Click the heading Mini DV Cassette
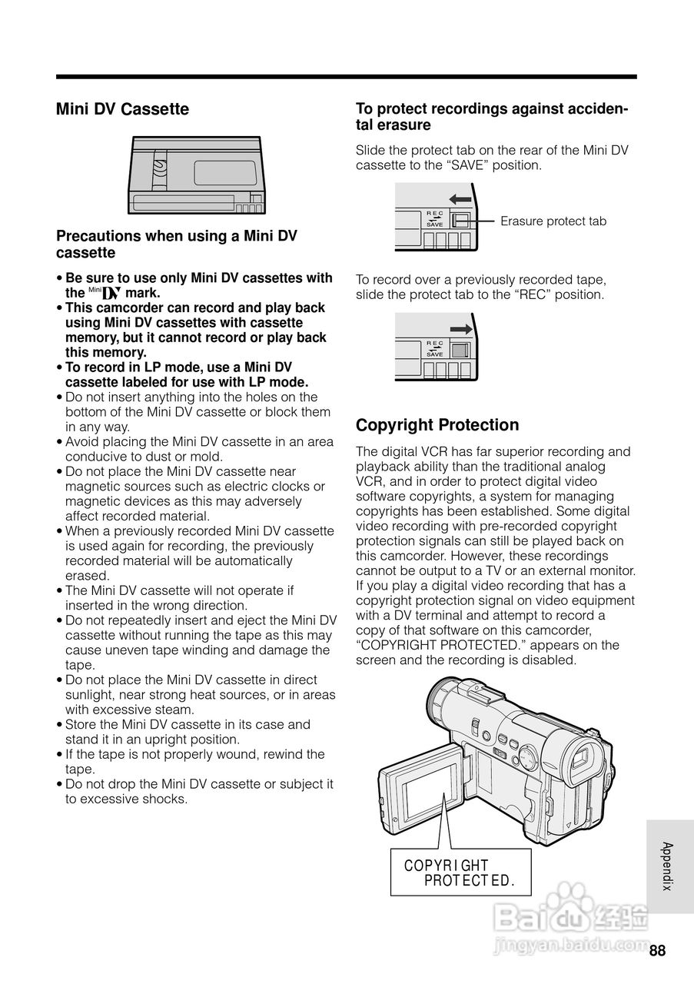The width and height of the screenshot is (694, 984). pos(122,109)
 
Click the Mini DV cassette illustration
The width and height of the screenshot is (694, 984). pos(196,175)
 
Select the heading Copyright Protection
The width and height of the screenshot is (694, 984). pos(437,425)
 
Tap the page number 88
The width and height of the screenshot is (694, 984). pos(657,951)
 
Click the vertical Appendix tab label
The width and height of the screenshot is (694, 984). pos(667,866)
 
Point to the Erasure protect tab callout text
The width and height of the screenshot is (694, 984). pos(553,221)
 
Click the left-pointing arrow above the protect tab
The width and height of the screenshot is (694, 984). pos(460,199)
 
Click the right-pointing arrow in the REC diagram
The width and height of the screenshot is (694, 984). pos(460,329)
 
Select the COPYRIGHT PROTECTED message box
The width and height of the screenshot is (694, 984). pos(460,873)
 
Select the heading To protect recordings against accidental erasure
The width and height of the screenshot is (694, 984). pos(492,117)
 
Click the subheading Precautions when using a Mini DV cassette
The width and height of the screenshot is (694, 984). pos(176,244)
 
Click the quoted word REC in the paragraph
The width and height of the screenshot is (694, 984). pos(530,294)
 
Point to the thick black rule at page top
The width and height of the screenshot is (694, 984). pos(346,77)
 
